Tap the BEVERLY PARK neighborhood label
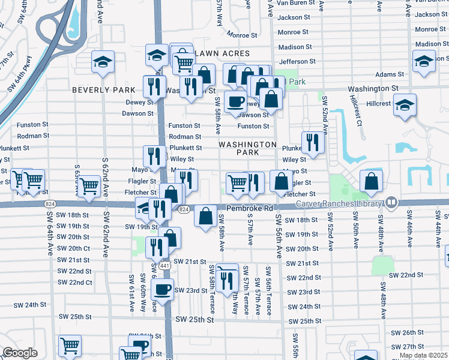(x=104, y=90)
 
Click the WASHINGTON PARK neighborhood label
(x=247, y=149)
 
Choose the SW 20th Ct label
(x=74, y=248)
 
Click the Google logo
(x=20, y=353)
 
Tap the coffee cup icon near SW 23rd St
(x=162, y=290)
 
